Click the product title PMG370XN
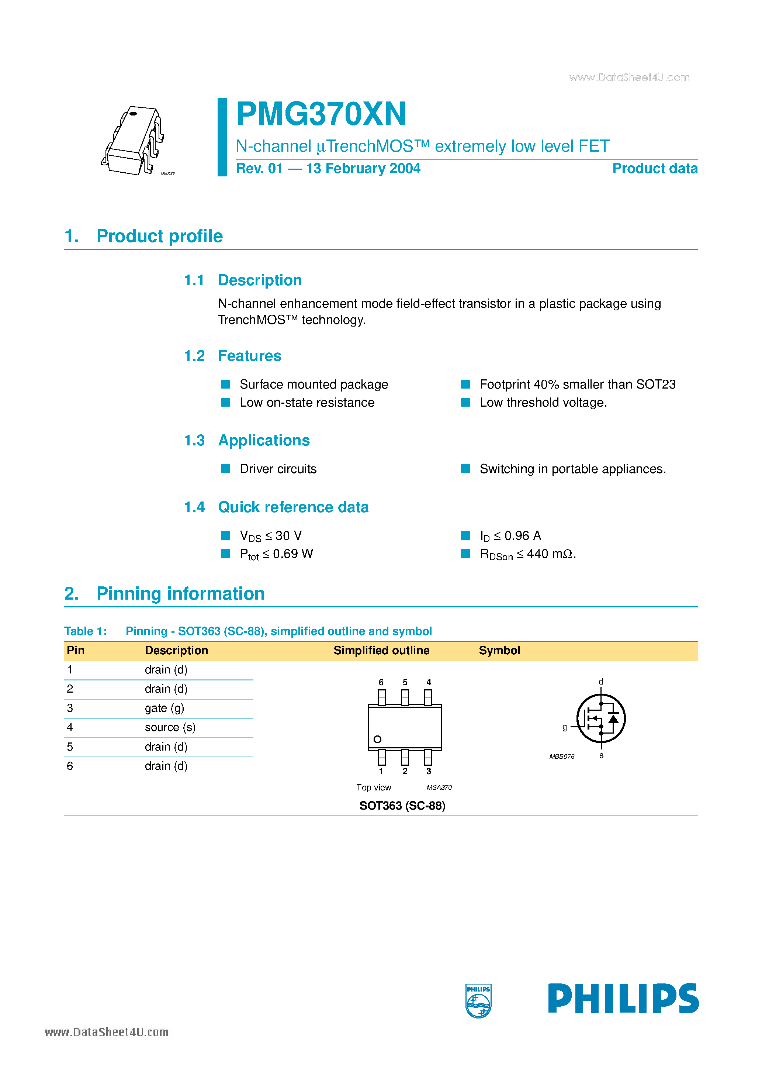321,114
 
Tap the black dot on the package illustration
133,114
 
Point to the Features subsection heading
249,356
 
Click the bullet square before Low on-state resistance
225,402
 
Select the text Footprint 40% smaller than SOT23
577,385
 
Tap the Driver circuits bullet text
278,469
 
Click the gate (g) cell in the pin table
164,708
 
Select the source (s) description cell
170,727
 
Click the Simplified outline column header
381,651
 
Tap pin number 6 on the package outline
381,682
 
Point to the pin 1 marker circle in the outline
377,739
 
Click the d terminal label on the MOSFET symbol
600,682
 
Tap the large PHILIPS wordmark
623,998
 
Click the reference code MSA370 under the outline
439,787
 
